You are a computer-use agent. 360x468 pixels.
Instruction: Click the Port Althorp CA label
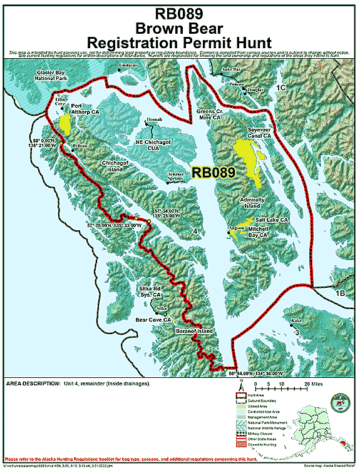pyautogui.click(x=85, y=109)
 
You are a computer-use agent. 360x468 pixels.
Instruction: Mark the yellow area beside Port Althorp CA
pyautogui.click(x=65, y=123)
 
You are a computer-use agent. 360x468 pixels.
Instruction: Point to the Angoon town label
pyautogui.click(x=235, y=229)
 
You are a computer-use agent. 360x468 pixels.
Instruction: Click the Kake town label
pyautogui.click(x=296, y=320)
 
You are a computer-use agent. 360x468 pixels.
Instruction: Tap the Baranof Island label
pyautogui.click(x=194, y=330)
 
